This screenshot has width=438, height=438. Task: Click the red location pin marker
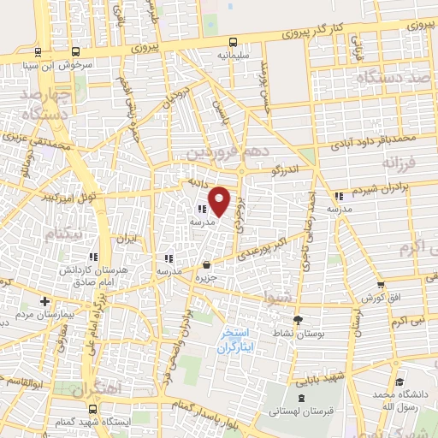(220, 201)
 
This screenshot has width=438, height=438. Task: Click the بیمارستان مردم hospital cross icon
(44, 301)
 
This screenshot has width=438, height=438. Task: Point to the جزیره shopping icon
(208, 264)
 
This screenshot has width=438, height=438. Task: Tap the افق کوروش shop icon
(381, 285)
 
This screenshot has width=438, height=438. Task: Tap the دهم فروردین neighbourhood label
(221, 153)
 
